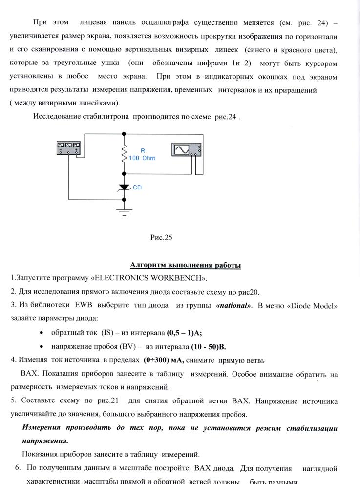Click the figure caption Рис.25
(161, 238)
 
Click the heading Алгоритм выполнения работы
(185, 265)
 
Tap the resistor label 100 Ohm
(142, 158)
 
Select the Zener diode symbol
(125, 187)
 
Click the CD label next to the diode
(137, 187)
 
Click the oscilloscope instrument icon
(186, 149)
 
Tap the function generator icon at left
(68, 148)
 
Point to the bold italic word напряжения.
(45, 440)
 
